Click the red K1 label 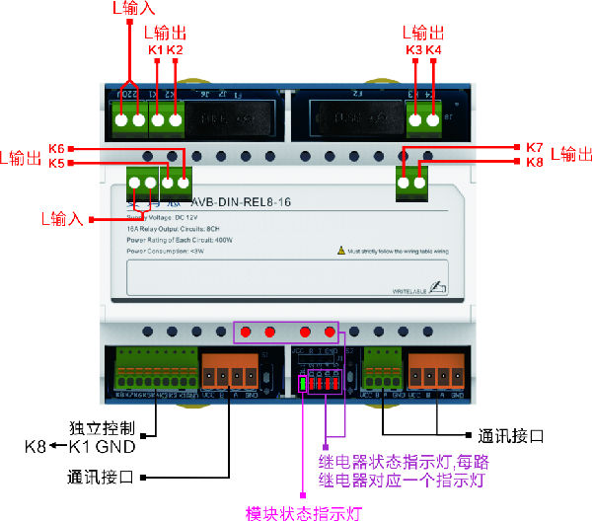click(155, 50)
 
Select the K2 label click(175, 50)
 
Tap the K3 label click(414, 50)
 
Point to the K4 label click(434, 50)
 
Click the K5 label click(56, 163)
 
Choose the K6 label click(56, 148)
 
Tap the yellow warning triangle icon click(340, 252)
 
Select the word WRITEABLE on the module click(408, 289)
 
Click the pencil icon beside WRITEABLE click(438, 287)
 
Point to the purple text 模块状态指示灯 click(305, 512)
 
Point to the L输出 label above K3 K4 click(425, 32)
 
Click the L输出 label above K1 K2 click(165, 32)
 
